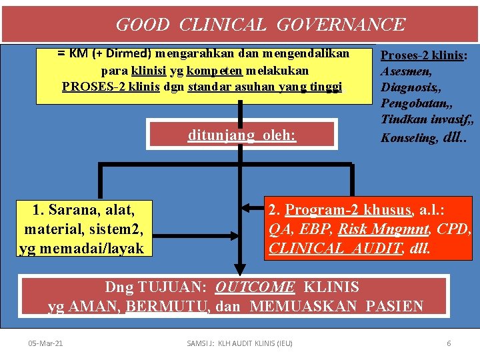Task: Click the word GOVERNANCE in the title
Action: pos(340,25)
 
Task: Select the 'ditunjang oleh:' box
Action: pos(241,135)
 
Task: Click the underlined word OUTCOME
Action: pos(255,287)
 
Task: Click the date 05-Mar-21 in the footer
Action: pos(46,343)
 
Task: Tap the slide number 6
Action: pos(449,343)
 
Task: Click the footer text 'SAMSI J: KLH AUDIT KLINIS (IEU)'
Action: pos(240,343)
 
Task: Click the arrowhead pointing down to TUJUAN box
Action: pos(235,268)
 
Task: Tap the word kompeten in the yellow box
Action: pos(215,70)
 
